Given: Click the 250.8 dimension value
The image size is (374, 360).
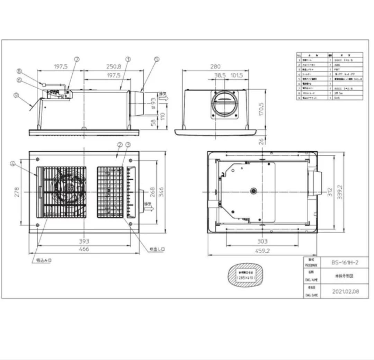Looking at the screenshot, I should click(114, 67).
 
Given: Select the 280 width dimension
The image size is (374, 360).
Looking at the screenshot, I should click(215, 66).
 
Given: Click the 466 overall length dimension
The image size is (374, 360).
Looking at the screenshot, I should click(84, 249).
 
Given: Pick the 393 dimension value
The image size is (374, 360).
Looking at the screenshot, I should click(84, 241).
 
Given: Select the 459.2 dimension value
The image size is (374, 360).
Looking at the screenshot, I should click(262, 251).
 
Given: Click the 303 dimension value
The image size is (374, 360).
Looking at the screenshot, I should click(262, 241).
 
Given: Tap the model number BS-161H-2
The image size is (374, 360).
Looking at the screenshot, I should click(345, 262).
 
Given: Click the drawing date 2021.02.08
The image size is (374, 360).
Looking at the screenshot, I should click(345, 291).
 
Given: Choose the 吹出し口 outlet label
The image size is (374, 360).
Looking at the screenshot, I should click(157, 249).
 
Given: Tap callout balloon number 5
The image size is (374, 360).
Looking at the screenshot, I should click(157, 59).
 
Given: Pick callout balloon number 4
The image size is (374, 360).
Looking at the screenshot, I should click(13, 164).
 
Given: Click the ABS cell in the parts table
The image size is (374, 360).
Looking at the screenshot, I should click(337, 65).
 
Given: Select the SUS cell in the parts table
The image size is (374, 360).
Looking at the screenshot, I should click(337, 98).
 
